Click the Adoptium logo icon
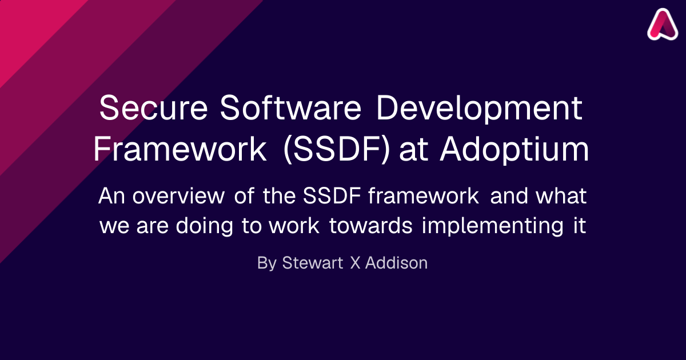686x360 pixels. coord(663,25)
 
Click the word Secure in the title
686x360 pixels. coord(154,107)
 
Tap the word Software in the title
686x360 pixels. coord(291,107)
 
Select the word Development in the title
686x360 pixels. coord(479,109)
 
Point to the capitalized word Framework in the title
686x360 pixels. coord(180,149)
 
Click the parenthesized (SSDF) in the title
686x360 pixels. coord(337,149)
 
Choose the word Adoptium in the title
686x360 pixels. coord(514,149)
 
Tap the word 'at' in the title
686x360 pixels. coord(414,151)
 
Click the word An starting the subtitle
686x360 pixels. coord(111,195)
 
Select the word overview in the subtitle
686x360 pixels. coord(178,195)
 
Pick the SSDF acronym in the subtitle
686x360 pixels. coord(332,195)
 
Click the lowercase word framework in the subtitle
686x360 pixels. coord(424,195)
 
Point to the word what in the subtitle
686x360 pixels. coord(561,195)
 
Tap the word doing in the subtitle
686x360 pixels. coord(204,226)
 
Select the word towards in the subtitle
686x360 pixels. coord(371,225)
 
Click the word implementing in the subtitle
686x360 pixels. coord(492,226)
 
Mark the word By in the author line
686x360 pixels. coord(267,263)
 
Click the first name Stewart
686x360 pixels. coord(312,263)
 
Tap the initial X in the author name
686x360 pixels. coord(355,263)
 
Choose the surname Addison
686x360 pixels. coord(396,263)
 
